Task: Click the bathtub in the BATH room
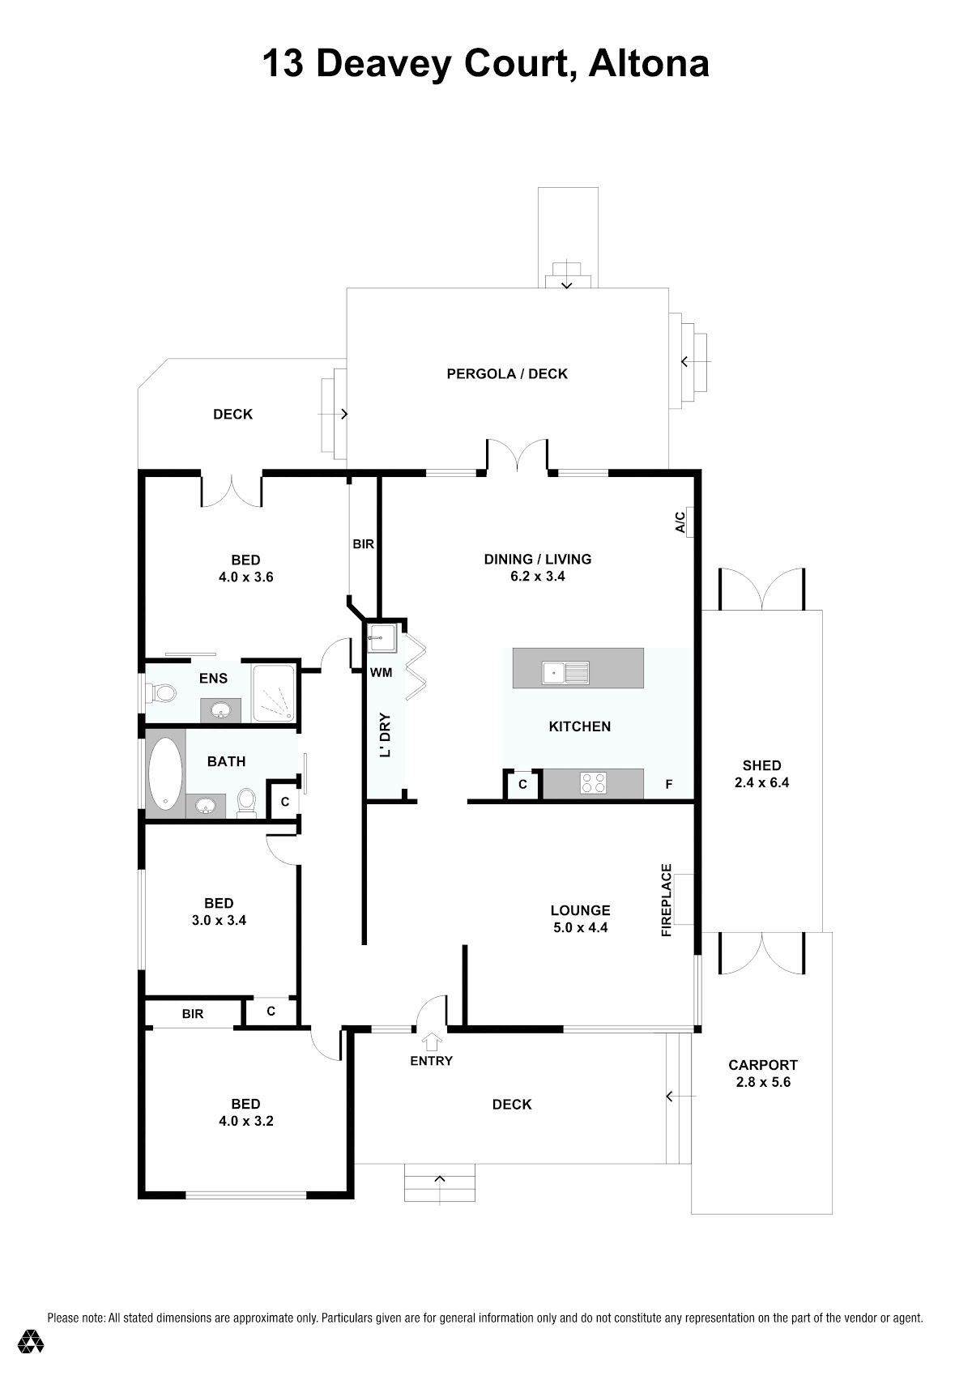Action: [166, 773]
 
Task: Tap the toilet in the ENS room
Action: [161, 693]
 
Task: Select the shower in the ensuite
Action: [274, 692]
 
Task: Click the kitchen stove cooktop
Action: [594, 782]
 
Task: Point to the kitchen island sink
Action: [565, 673]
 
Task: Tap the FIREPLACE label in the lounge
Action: [667, 900]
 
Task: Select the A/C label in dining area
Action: [680, 522]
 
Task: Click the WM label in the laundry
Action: [381, 672]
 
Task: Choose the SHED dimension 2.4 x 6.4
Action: [762, 782]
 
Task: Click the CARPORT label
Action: [763, 1065]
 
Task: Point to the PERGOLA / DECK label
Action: [507, 373]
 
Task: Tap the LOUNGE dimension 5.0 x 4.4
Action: [581, 927]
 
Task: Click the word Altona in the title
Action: [649, 63]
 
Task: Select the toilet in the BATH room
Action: [246, 803]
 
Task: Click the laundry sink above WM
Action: [382, 637]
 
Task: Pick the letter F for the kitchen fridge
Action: [669, 784]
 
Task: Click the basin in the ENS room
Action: [220, 712]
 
